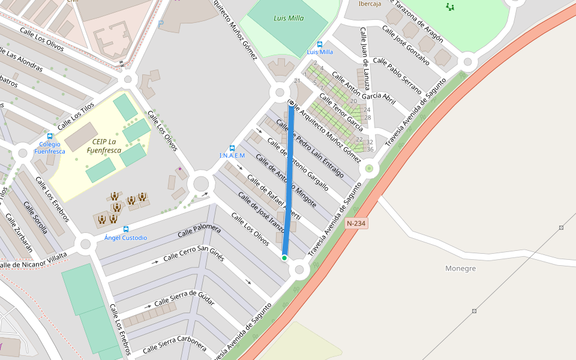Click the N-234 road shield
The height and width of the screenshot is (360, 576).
tap(356, 223)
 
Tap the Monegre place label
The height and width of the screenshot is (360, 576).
tap(461, 268)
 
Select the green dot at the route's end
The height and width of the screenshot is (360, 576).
tap(284, 258)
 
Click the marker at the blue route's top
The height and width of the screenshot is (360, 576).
tap(292, 103)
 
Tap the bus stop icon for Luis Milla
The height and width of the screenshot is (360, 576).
tap(319, 44)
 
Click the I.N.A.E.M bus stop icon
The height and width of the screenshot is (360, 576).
tap(232, 148)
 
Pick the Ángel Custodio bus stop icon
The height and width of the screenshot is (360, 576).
tap(125, 229)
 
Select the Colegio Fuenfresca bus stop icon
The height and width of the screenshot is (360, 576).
tap(50, 136)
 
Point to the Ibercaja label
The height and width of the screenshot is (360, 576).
tap(370, 4)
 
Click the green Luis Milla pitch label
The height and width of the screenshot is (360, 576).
tap(289, 18)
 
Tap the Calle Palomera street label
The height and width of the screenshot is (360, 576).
tap(200, 232)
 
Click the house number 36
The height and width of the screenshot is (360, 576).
tap(370, 149)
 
